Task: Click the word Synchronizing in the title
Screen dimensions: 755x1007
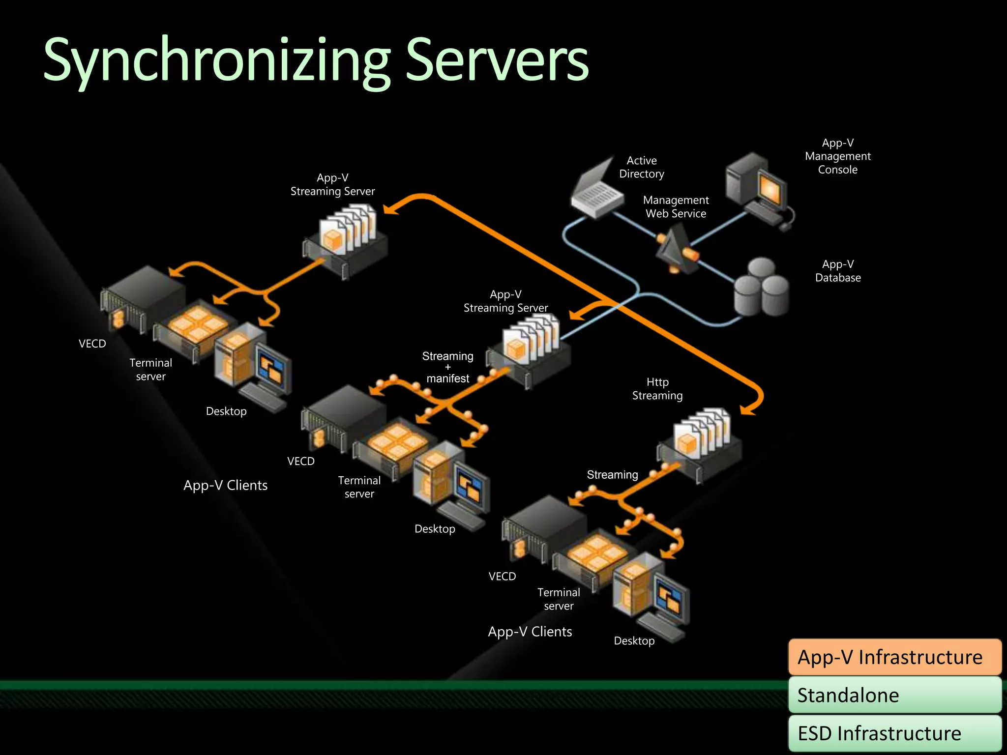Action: pos(216,61)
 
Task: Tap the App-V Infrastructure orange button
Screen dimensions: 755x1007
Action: pos(894,657)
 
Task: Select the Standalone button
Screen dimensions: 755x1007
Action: pos(894,695)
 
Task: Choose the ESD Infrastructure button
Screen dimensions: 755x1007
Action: pos(894,733)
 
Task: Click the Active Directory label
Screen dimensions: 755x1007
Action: pos(641,167)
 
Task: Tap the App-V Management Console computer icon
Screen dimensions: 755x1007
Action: pos(757,189)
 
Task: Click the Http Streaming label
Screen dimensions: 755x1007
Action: pos(657,389)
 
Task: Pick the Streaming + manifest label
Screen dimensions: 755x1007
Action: pos(447,367)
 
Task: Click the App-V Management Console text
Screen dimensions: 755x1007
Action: pos(837,156)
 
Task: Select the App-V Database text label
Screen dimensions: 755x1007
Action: pos(837,271)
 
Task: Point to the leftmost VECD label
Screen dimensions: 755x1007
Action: pos(92,344)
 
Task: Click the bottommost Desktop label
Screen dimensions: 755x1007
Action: pos(634,641)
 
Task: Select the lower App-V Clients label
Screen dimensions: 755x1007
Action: pos(530,632)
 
